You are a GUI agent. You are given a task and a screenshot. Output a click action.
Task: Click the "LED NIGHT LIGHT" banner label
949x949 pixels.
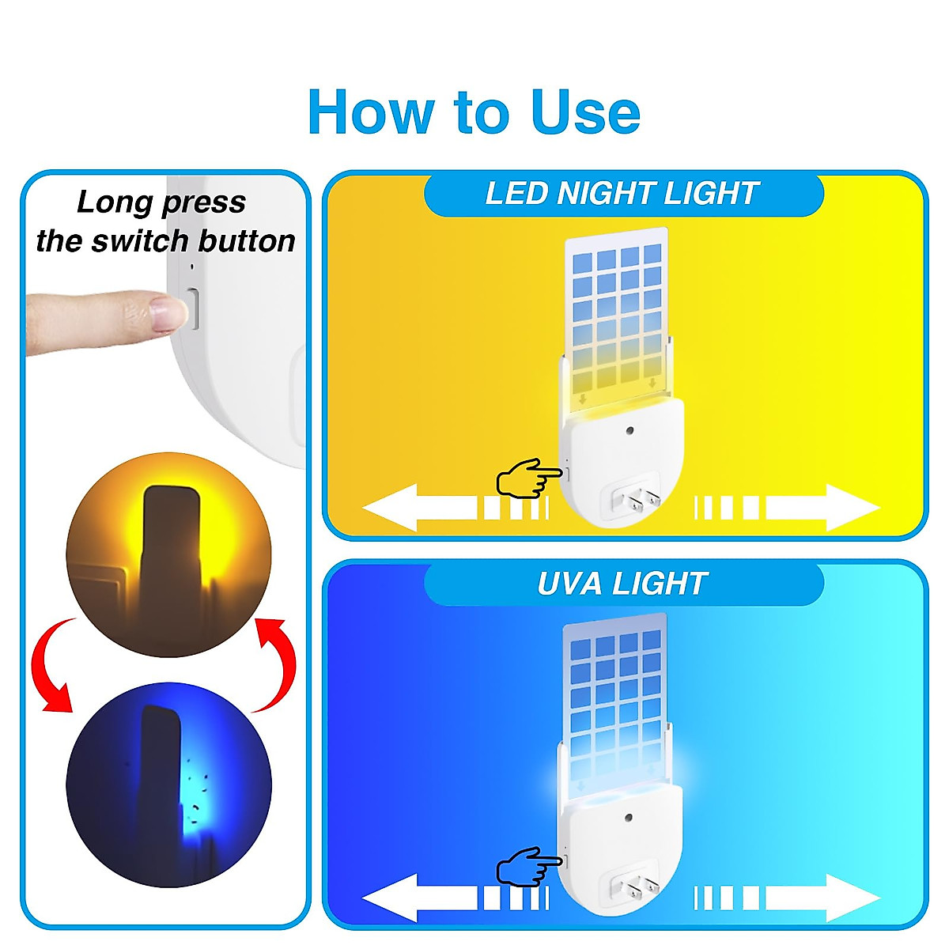622,194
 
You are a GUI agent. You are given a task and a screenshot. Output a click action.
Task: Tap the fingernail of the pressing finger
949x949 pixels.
168,312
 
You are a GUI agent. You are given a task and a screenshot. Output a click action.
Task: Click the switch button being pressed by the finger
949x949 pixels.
191,308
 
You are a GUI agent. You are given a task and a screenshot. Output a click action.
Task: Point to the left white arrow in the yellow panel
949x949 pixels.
419,507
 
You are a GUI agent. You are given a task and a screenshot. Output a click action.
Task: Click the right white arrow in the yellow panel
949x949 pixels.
822,507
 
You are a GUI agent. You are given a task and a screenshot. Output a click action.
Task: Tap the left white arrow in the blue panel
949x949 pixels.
419,898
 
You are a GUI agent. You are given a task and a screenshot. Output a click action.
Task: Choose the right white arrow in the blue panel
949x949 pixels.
822,898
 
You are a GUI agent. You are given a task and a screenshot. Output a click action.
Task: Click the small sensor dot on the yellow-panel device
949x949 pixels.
630,432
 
